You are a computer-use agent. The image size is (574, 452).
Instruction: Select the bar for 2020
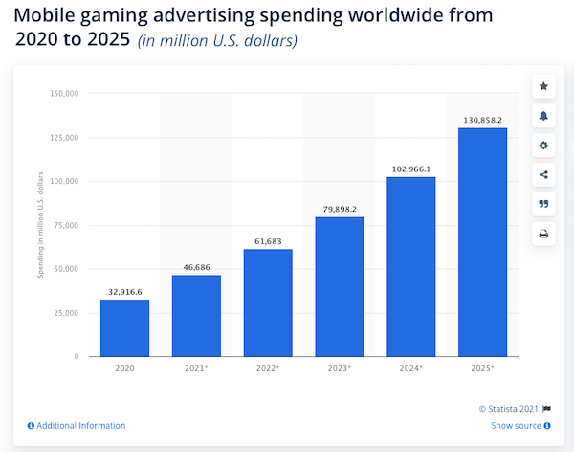click(x=124, y=328)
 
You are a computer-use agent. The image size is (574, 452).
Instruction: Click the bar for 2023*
click(x=340, y=286)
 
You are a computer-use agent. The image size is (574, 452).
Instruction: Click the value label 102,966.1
click(x=411, y=168)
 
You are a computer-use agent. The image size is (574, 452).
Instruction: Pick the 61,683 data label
click(x=268, y=239)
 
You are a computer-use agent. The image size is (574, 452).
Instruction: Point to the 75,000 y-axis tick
click(x=64, y=225)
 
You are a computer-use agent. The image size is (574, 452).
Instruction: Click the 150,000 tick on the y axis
click(x=61, y=94)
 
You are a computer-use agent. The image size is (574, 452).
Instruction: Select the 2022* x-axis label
click(x=268, y=367)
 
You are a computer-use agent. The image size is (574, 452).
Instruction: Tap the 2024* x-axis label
click(x=411, y=367)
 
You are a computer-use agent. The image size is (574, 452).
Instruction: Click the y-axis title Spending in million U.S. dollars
click(x=41, y=225)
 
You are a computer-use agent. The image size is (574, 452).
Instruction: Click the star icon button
click(x=543, y=86)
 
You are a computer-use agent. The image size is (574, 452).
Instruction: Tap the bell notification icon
click(x=543, y=116)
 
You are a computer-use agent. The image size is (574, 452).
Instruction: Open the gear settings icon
click(x=543, y=146)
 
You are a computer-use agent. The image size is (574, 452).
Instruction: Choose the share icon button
click(x=543, y=174)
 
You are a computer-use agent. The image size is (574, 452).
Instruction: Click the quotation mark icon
click(x=543, y=204)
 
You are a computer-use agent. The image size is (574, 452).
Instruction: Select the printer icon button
click(x=543, y=234)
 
